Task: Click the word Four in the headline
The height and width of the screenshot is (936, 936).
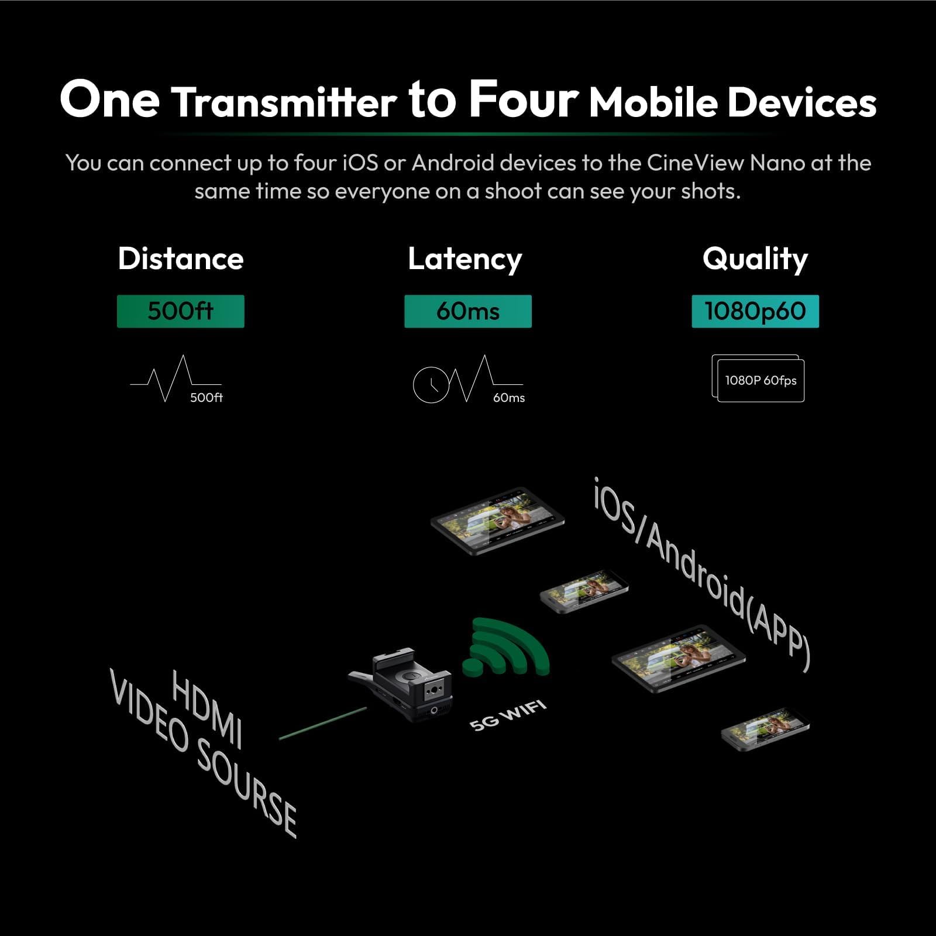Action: (x=524, y=99)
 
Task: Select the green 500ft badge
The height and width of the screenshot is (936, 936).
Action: (x=180, y=311)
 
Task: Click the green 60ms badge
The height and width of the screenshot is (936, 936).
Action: (x=468, y=311)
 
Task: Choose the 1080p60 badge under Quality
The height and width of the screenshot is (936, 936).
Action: (x=755, y=311)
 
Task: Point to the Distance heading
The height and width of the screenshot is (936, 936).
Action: (x=180, y=259)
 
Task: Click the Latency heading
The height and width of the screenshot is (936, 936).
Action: (x=464, y=259)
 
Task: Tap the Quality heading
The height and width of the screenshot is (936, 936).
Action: (x=755, y=259)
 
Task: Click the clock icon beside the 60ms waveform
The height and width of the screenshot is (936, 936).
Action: (x=431, y=385)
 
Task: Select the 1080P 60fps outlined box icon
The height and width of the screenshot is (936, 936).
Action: (x=759, y=380)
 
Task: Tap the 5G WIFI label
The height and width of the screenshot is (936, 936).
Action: (x=508, y=715)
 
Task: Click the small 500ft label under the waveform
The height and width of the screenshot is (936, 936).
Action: (x=206, y=398)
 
